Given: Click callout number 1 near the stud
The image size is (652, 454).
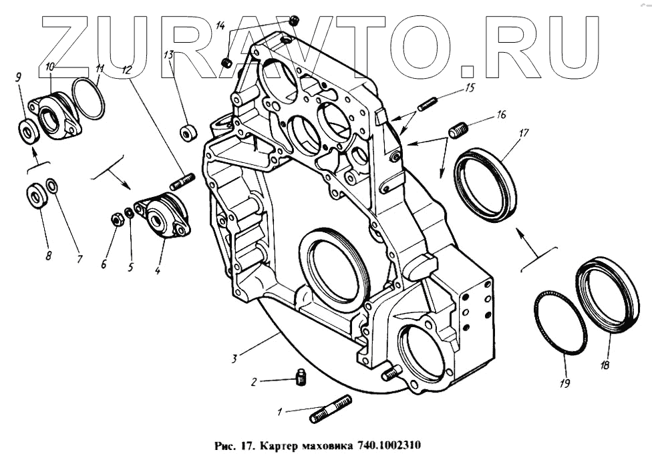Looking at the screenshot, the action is click(280, 412).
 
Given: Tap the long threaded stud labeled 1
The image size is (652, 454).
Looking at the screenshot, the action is click(331, 409).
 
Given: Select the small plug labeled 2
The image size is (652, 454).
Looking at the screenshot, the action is click(301, 378).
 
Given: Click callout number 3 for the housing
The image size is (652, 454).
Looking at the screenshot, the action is click(234, 359).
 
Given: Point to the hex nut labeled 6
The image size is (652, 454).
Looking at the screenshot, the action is click(116, 220).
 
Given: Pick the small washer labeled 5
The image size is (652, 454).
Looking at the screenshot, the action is click(130, 213).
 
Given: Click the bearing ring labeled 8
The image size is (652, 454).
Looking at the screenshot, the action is click(36, 196).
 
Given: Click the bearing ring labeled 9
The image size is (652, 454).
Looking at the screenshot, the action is click(29, 130).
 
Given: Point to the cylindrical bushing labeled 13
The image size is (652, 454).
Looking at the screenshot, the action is click(189, 132).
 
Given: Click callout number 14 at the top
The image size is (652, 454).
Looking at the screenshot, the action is click(221, 26).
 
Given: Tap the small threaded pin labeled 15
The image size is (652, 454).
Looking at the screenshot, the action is click(428, 104).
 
